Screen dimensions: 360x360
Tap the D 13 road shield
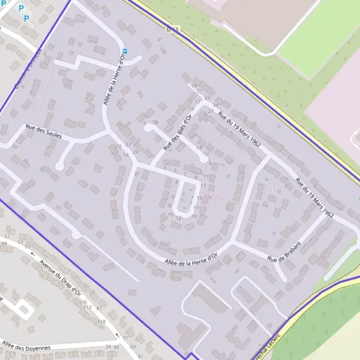(173, 28)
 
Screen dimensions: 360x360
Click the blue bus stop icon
(125, 51)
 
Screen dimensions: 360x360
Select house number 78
(155, 122)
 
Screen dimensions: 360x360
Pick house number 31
(137, 174)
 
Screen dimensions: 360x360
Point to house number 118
(101, 322)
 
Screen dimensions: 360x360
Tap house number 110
(82, 302)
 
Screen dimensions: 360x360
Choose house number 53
(20, 242)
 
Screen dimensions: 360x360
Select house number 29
(136, 152)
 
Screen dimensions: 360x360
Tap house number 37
(211, 112)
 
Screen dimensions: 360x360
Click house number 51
(7, 238)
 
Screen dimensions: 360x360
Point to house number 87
(126, 338)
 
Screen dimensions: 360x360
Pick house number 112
(88, 307)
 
